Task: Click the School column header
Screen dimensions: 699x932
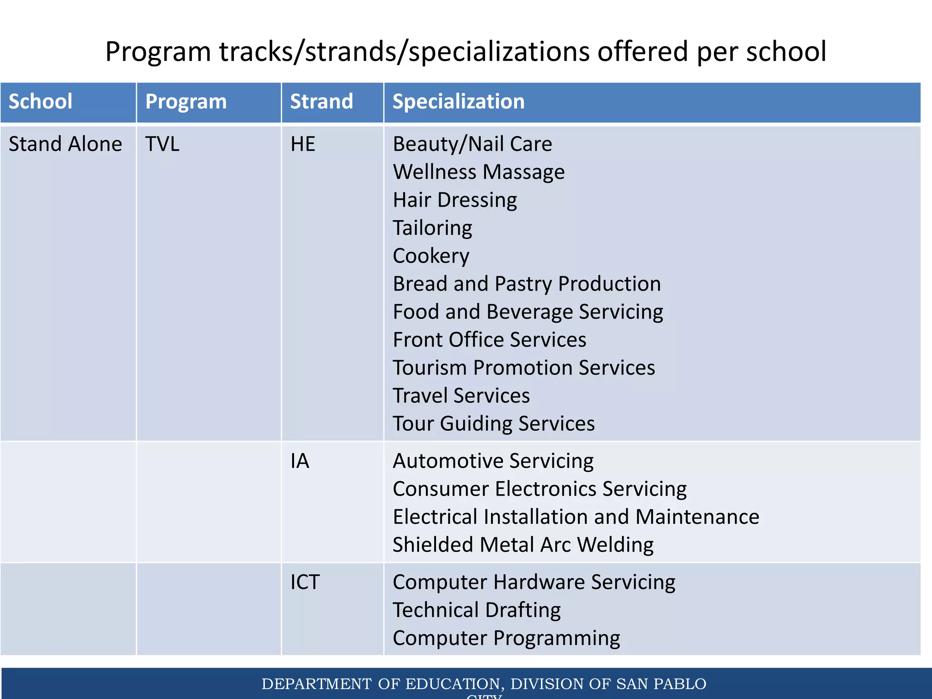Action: pos(41,101)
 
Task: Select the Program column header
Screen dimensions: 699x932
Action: pos(186,101)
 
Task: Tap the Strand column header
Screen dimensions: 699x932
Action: pos(321,101)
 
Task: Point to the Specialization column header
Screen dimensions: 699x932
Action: pos(458,101)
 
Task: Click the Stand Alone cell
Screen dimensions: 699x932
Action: pos(66,144)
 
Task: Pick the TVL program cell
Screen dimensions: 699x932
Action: pos(162,144)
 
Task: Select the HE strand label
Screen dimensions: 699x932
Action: pos(303,144)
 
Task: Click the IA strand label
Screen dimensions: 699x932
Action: pos(300,461)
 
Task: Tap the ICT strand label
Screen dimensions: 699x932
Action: pos(305,582)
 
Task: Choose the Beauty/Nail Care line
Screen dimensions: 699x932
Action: pos(472,144)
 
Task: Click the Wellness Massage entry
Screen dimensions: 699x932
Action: pos(479,172)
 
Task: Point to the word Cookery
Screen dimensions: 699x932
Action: pos(431,256)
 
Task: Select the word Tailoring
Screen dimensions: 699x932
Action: pos(432,228)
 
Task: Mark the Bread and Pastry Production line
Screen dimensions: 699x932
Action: pos(527,284)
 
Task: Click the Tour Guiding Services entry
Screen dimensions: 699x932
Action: pos(494,424)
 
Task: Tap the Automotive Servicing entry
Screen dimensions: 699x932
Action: pos(493,461)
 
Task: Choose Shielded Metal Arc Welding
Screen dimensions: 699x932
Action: pos(523,545)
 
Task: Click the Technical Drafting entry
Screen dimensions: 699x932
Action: pos(476,610)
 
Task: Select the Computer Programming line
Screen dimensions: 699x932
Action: pos(506,638)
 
